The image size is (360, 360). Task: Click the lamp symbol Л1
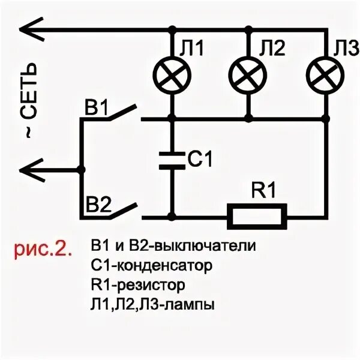pos(172,74)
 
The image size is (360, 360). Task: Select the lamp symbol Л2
pos(248,74)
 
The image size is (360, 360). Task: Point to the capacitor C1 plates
pos(172,160)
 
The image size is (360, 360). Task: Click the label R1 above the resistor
pos(263,191)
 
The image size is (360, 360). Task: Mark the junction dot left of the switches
pos(82,169)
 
